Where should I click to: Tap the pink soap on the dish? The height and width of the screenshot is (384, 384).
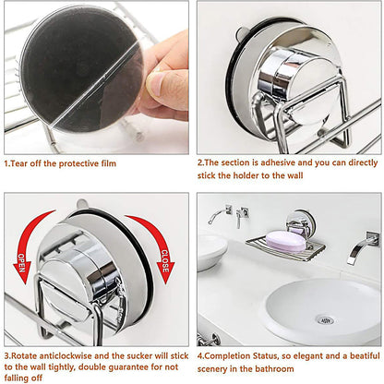click(x=286, y=241)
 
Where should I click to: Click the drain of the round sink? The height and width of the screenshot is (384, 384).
click(x=325, y=318)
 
